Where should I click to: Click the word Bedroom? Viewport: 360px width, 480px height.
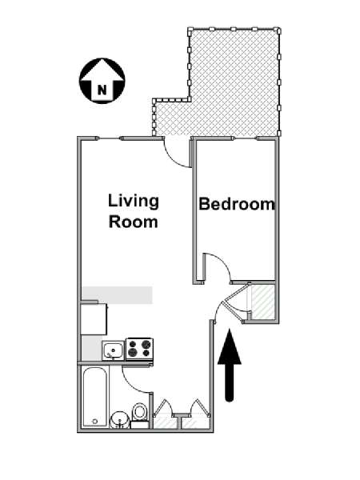tap(237, 204)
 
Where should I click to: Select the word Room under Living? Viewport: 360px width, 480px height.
tap(134, 222)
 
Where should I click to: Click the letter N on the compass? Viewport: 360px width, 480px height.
tap(102, 90)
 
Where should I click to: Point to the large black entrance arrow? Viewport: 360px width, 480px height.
tap(230, 365)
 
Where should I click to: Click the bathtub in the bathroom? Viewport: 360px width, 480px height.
tap(96, 397)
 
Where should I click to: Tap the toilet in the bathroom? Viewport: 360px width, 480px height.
tap(140, 415)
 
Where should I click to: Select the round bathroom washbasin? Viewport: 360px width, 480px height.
tap(120, 419)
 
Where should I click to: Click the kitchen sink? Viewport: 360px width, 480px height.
tap(114, 350)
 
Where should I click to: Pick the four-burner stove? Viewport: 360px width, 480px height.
tap(139, 349)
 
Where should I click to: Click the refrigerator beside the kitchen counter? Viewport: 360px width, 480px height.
tap(94, 318)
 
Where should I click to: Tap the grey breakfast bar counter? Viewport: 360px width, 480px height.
tap(117, 295)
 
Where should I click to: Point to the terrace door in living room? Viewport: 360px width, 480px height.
tap(177, 153)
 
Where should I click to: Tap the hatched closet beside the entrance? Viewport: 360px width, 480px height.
tap(262, 302)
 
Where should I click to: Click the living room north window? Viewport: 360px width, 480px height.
tap(110, 138)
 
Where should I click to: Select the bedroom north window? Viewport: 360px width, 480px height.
tap(246, 138)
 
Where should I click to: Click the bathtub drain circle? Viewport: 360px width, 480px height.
tap(95, 422)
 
